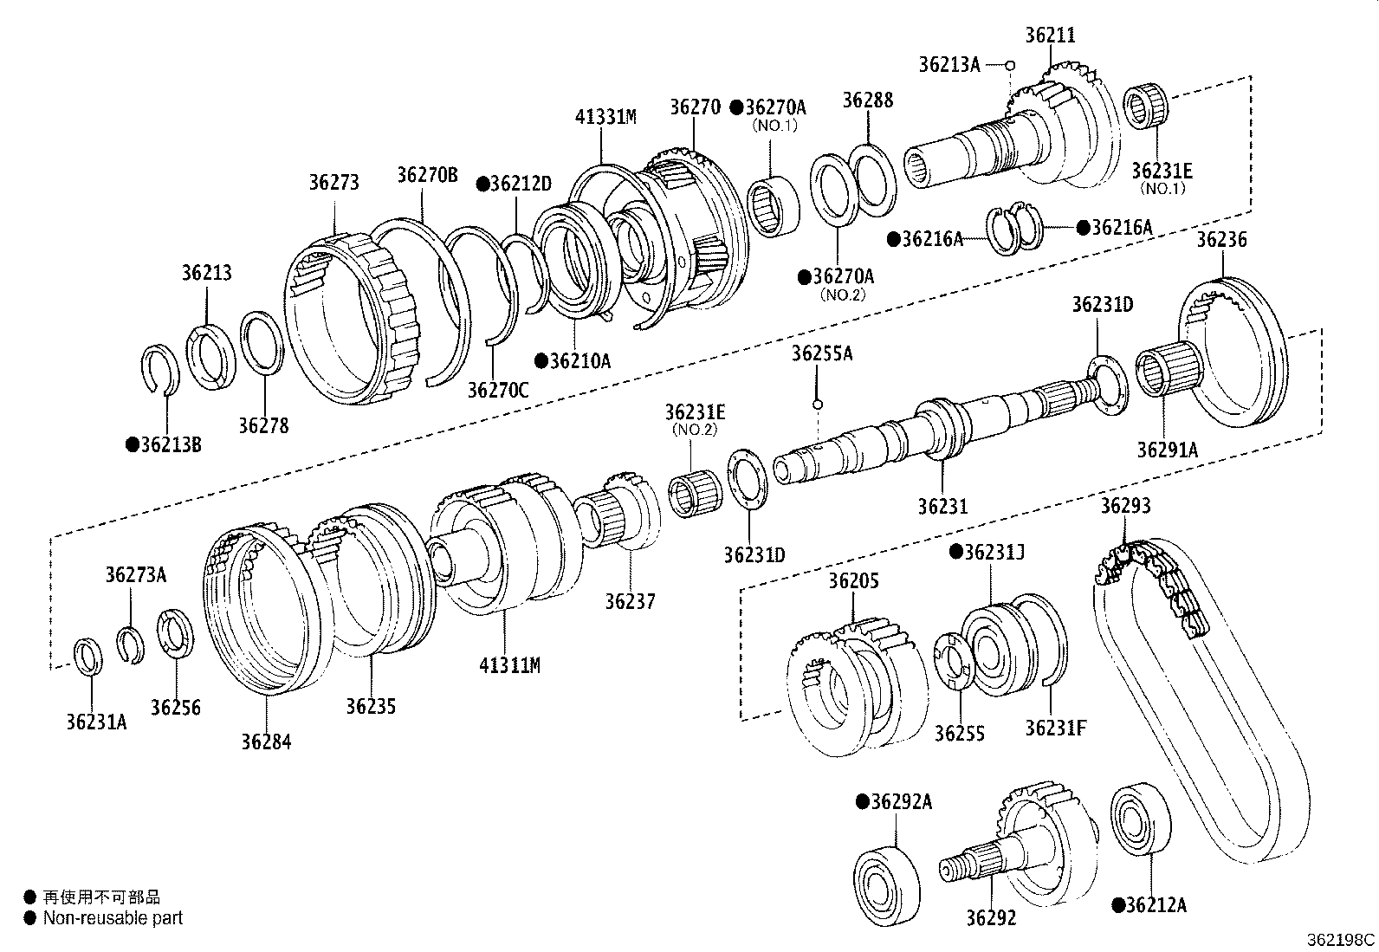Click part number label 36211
1050,36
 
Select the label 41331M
605,116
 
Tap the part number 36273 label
333,183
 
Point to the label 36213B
164,445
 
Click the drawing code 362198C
1341,939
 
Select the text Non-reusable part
113,918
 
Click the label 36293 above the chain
1125,505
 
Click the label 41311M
509,665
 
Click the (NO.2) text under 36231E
695,429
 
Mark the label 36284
266,742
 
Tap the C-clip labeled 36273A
132,644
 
